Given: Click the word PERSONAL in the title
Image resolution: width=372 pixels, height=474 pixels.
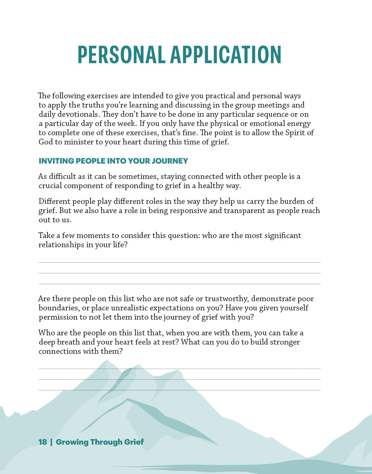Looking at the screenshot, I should click(x=121, y=55).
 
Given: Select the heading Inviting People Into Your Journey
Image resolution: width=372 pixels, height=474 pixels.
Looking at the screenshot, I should click(x=113, y=161).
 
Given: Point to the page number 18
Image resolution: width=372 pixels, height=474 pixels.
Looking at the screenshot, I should click(x=43, y=442).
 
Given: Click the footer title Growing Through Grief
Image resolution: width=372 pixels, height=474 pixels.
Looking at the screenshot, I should click(x=100, y=442).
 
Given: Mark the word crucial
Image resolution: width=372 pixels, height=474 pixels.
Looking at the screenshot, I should click(x=50, y=185).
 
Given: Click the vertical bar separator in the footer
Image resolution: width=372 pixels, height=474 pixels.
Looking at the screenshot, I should click(x=51, y=442).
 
